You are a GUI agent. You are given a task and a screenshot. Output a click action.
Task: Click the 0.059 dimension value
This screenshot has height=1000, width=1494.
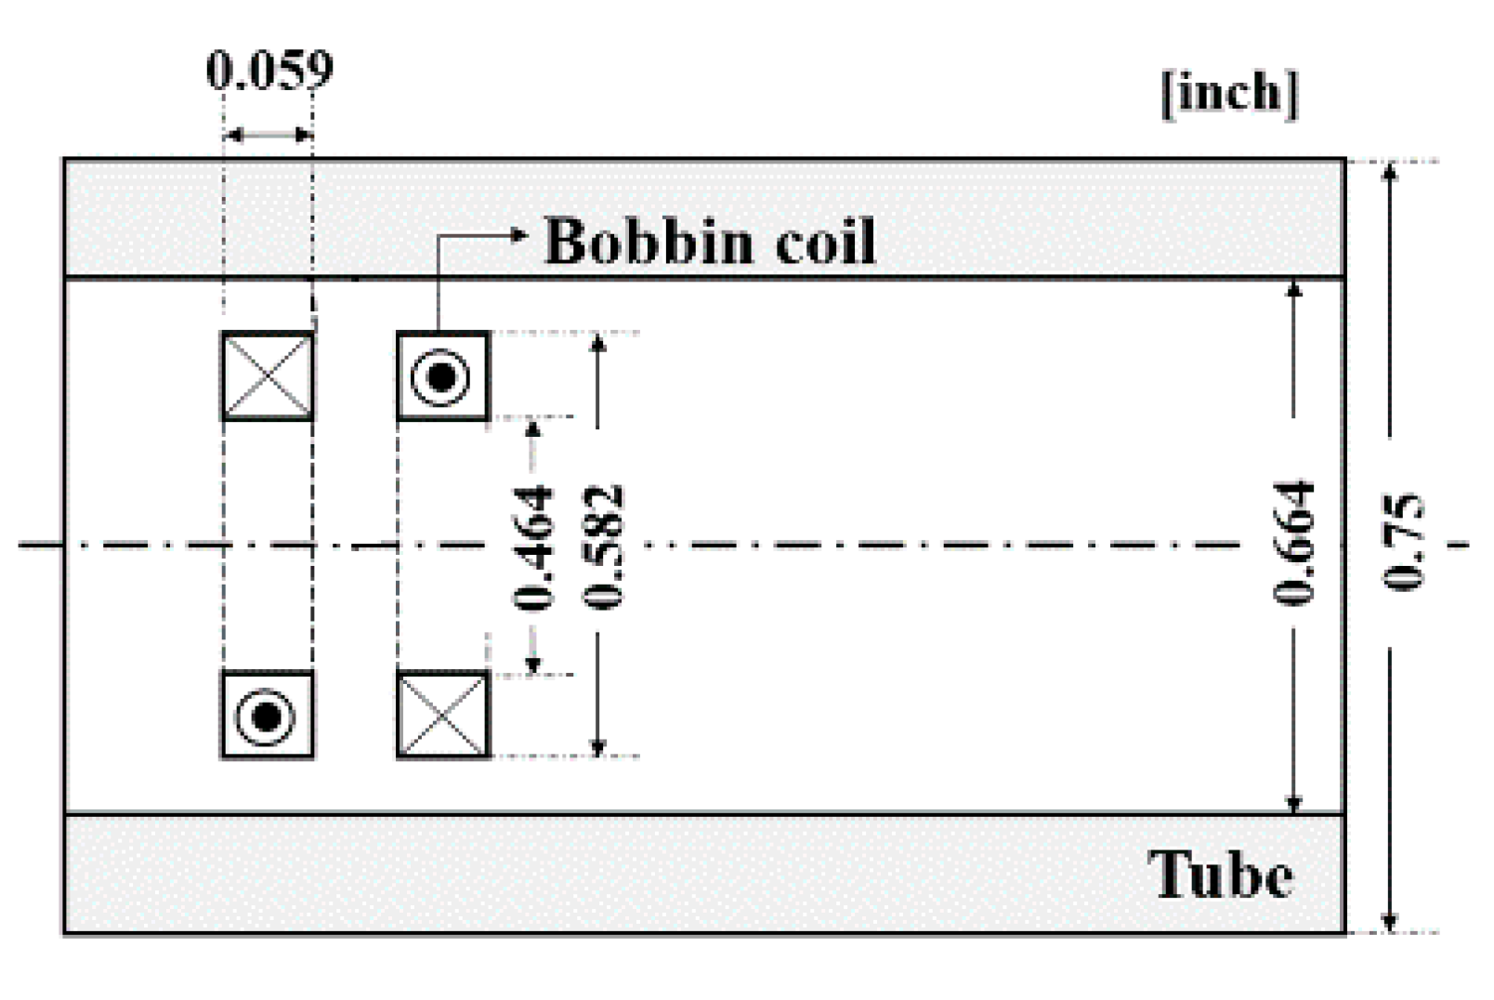click(269, 71)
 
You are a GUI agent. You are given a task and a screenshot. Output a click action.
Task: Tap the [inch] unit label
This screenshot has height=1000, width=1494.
click(1228, 93)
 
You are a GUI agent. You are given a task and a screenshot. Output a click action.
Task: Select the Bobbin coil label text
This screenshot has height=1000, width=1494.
click(709, 242)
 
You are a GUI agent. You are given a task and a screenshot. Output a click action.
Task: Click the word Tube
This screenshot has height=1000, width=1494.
click(1220, 875)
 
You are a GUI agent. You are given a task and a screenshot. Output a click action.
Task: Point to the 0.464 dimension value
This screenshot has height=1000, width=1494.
click(535, 547)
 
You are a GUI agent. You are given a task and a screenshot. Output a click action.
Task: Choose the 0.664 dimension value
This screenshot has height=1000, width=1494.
click(1295, 544)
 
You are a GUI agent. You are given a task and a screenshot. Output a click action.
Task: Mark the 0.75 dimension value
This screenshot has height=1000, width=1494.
click(1402, 544)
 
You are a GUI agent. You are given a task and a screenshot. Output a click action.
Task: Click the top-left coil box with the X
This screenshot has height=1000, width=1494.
click(268, 376)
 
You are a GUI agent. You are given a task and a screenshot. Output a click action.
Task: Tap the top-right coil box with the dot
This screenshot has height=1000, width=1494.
click(442, 376)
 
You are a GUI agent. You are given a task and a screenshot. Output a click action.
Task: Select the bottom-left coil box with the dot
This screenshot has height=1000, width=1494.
click(268, 715)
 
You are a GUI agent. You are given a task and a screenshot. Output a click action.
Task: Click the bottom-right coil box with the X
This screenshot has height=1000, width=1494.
click(442, 715)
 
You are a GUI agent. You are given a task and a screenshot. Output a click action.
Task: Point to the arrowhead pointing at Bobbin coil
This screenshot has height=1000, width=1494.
click(519, 234)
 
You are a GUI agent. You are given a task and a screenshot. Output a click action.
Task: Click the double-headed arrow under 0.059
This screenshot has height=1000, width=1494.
click(269, 136)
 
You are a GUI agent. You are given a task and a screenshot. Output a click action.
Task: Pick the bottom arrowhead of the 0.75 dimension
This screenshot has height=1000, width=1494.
click(1389, 922)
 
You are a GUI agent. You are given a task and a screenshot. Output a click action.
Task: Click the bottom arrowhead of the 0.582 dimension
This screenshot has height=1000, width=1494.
click(598, 747)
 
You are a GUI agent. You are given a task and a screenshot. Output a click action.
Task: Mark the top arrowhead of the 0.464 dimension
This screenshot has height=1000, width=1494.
click(532, 428)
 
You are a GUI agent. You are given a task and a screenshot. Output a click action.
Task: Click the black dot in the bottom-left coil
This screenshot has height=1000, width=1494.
click(268, 716)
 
